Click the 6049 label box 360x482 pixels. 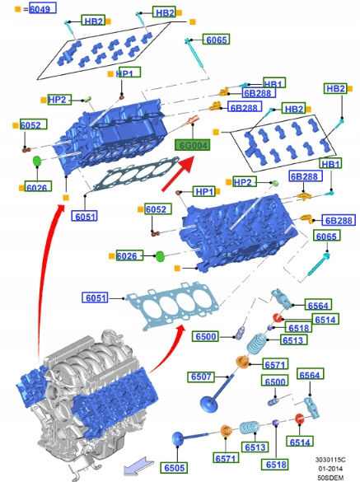[x=43, y=8]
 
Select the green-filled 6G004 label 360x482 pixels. [x=193, y=145]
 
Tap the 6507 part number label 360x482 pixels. [x=201, y=377]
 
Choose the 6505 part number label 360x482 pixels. [x=174, y=467]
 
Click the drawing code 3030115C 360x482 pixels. [x=330, y=460]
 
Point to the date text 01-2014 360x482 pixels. [x=330, y=469]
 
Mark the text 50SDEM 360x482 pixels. [x=330, y=478]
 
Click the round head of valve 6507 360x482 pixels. [x=208, y=404]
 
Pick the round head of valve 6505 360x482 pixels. [x=177, y=438]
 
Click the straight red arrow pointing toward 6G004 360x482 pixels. [x=178, y=174]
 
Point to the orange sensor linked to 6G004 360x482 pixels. [x=191, y=121]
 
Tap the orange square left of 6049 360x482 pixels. [x=18, y=9]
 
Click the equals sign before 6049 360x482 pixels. [x=26, y=9]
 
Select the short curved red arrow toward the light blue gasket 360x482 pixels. [x=167, y=349]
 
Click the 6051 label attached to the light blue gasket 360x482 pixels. [x=96, y=297]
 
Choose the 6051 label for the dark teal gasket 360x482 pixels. [x=85, y=216]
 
